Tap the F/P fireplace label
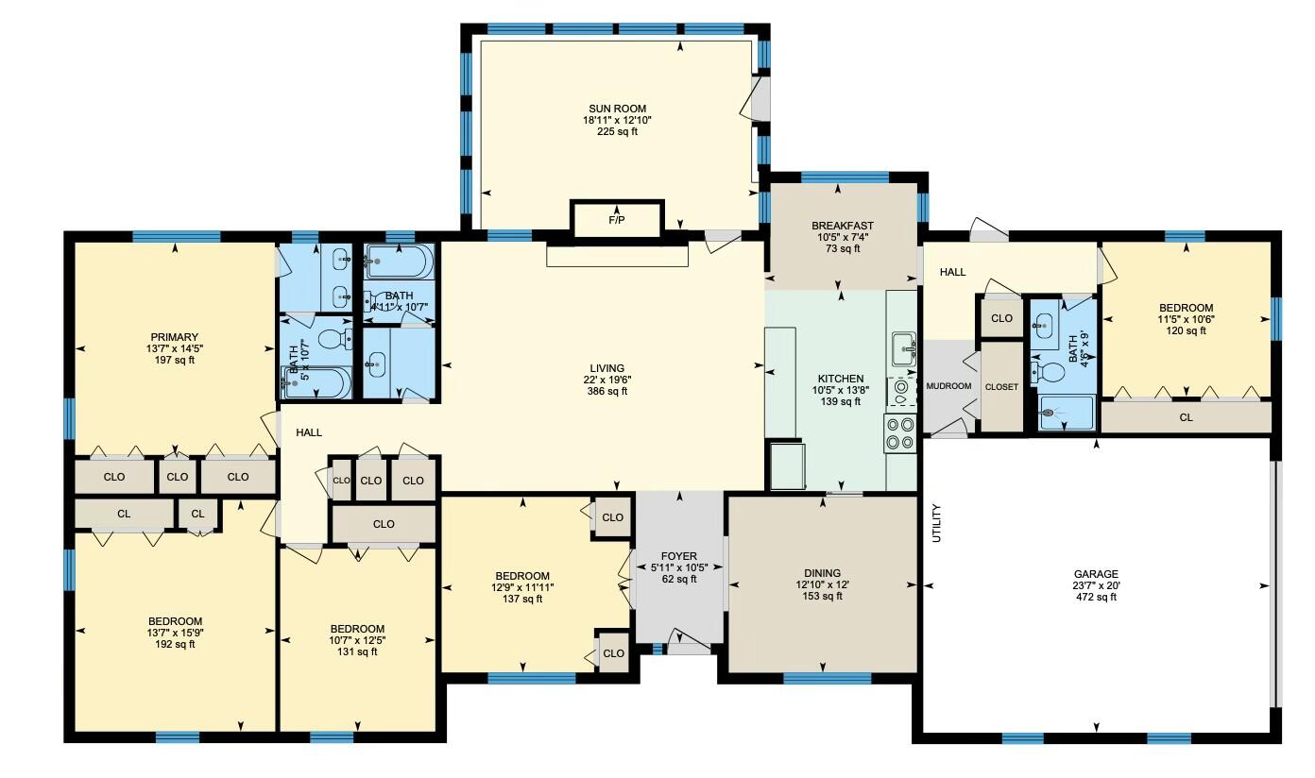pyautogui.click(x=616, y=220)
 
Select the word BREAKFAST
pyautogui.click(x=842, y=226)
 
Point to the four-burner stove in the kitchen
pyautogui.click(x=900, y=432)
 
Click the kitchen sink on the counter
pyautogui.click(x=902, y=347)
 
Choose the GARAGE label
pyautogui.click(x=1096, y=574)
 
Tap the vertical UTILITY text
pyautogui.click(x=937, y=523)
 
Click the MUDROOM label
pyautogui.click(x=948, y=386)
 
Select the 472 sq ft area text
pyautogui.click(x=1096, y=597)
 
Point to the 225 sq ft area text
pyautogui.click(x=617, y=131)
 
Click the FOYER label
pyautogui.click(x=678, y=557)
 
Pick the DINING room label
pyautogui.click(x=822, y=573)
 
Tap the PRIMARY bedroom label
pyautogui.click(x=174, y=337)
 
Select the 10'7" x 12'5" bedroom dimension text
pyautogui.click(x=357, y=640)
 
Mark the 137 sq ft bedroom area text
pyautogui.click(x=522, y=599)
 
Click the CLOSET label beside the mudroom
pyautogui.click(x=1001, y=387)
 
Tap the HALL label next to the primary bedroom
pyautogui.click(x=309, y=432)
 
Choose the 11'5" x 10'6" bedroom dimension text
pyautogui.click(x=1186, y=319)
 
